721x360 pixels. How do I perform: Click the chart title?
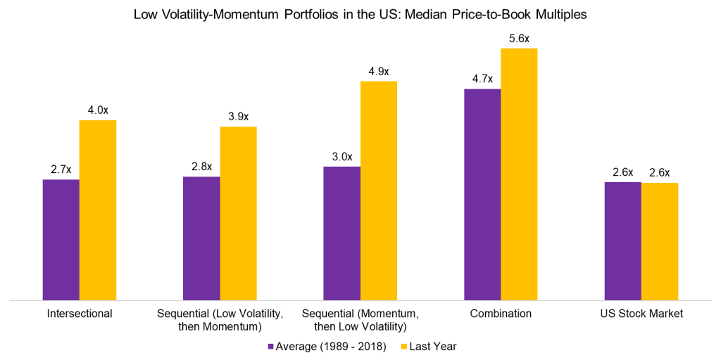click(360, 14)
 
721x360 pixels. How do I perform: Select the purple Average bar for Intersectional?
click(61, 240)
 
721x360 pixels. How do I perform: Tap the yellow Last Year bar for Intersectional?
click(97, 210)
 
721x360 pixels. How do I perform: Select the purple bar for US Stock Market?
click(622, 241)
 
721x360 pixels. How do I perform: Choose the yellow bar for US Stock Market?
click(660, 241)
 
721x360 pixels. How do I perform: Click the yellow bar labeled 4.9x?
click(379, 191)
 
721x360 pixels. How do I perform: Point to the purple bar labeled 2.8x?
click(201, 238)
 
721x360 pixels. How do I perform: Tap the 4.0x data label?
click(97, 110)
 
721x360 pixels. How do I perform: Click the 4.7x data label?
click(482, 79)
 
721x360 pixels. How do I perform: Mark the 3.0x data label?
click(341, 157)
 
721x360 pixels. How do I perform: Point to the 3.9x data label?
click(238, 117)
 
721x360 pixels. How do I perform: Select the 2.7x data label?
click(61, 169)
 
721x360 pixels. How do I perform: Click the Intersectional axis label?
click(79, 314)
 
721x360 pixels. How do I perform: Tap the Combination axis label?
click(501, 314)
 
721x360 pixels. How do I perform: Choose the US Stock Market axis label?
click(641, 314)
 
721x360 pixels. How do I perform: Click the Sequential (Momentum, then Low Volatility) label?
click(360, 320)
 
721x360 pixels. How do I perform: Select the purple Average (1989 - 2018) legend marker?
click(271, 347)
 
